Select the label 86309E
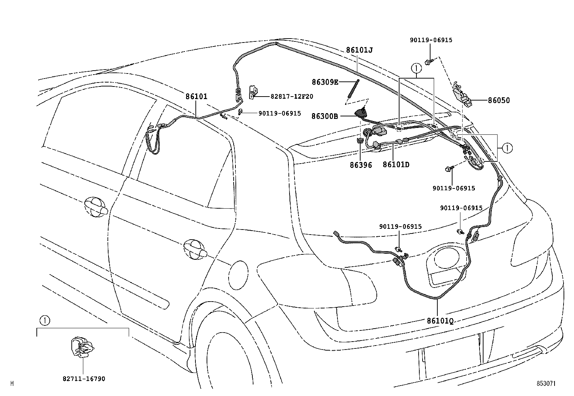[325, 82]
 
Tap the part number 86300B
[324, 116]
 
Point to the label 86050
[499, 101]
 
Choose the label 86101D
[396, 165]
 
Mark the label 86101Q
[440, 320]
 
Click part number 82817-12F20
[292, 97]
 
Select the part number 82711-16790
[84, 379]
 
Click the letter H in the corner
[12, 384]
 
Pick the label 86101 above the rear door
[197, 97]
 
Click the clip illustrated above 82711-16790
[83, 348]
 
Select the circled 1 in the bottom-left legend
[44, 320]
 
